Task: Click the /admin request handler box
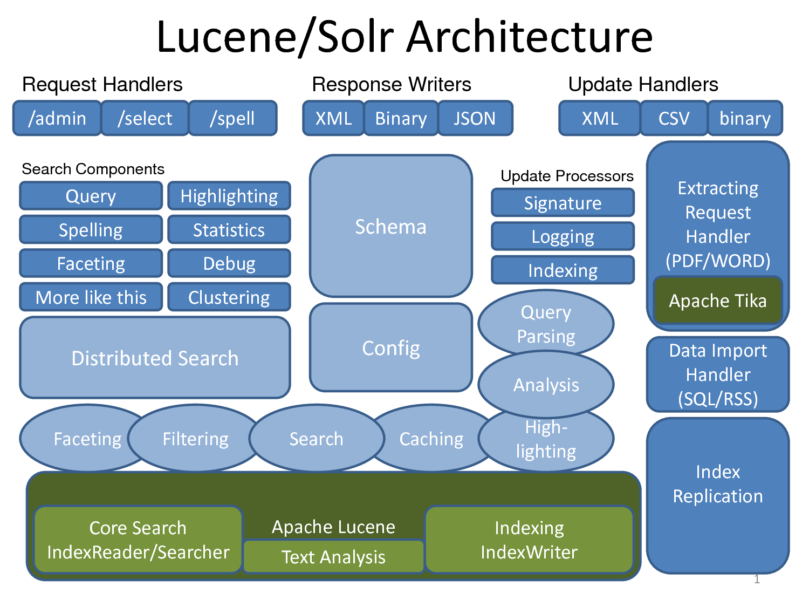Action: pos(57,118)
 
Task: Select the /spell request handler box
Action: pos(232,118)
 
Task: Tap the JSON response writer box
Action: pos(475,118)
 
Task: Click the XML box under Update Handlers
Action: pos(600,118)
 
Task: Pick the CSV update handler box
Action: pos(674,118)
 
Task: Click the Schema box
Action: pos(390,227)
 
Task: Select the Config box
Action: pos(390,348)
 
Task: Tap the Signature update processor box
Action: pos(563,203)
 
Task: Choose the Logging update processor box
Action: pos(563,236)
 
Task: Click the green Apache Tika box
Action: pos(717,301)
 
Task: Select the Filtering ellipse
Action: pos(195,439)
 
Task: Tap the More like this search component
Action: pos(91,297)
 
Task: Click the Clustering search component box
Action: pos(229,297)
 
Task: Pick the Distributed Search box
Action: pos(155,358)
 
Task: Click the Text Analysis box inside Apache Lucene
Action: pos(333,557)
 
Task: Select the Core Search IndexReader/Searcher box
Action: pos(138,540)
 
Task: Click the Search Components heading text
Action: pos(93,169)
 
